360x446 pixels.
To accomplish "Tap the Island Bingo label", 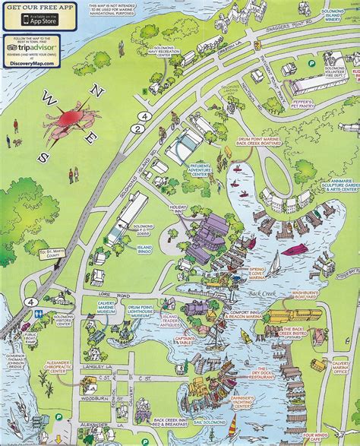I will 143,249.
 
